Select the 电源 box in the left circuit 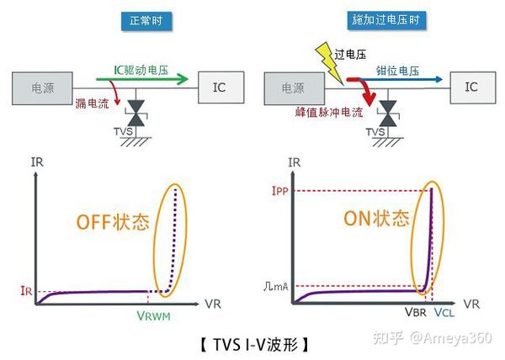click(x=42, y=87)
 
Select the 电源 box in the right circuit click(x=293, y=87)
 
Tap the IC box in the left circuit click(x=220, y=86)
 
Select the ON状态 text click(x=376, y=219)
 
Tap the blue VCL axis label click(x=445, y=313)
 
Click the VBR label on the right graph click(x=416, y=313)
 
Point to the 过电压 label click(x=349, y=55)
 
